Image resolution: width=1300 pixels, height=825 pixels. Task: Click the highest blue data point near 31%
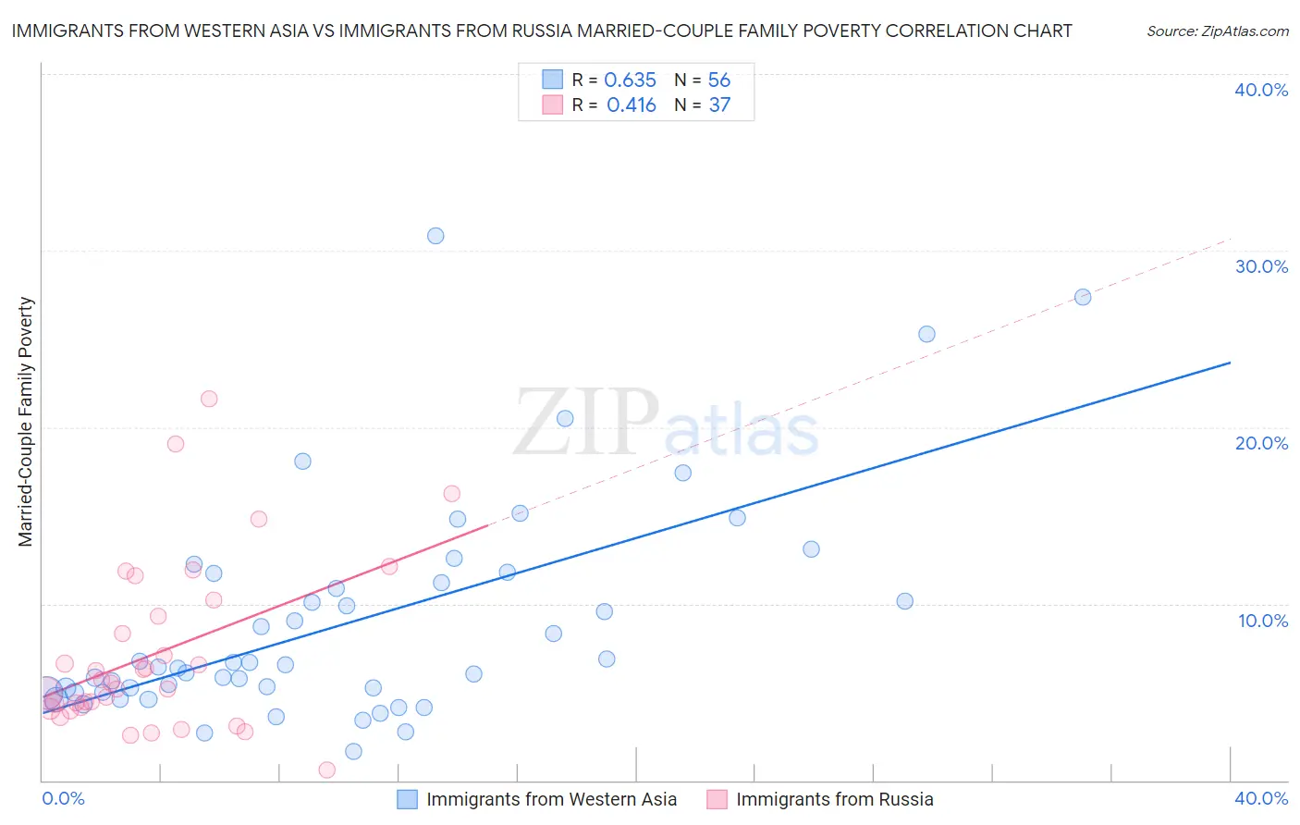click(x=435, y=236)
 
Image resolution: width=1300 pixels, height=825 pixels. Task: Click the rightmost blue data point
click(x=1083, y=297)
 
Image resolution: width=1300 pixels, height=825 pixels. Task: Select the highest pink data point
click(x=209, y=399)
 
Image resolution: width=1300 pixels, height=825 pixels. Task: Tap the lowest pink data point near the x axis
click(x=326, y=770)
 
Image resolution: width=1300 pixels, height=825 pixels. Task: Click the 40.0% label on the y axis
click(x=1261, y=90)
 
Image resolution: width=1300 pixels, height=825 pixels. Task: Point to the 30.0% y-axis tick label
click(x=1261, y=266)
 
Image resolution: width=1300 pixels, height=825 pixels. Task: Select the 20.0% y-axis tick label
click(x=1261, y=443)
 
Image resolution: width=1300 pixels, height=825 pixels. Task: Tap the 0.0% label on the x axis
click(x=63, y=798)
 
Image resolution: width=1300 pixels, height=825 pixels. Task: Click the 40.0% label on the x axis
click(x=1261, y=798)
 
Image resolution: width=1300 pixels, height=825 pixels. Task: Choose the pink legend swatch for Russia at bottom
click(x=717, y=799)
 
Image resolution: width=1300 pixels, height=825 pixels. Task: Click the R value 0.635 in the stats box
click(x=630, y=80)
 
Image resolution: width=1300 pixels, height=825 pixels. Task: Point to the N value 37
click(x=719, y=105)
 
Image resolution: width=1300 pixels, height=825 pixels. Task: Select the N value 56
click(x=719, y=80)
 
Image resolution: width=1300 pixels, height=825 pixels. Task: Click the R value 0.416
click(x=631, y=105)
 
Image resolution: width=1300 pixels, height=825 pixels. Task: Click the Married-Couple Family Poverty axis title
click(x=26, y=422)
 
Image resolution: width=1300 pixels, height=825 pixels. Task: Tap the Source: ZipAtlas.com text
click(x=1217, y=31)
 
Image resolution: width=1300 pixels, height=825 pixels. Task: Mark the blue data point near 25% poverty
click(x=926, y=334)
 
